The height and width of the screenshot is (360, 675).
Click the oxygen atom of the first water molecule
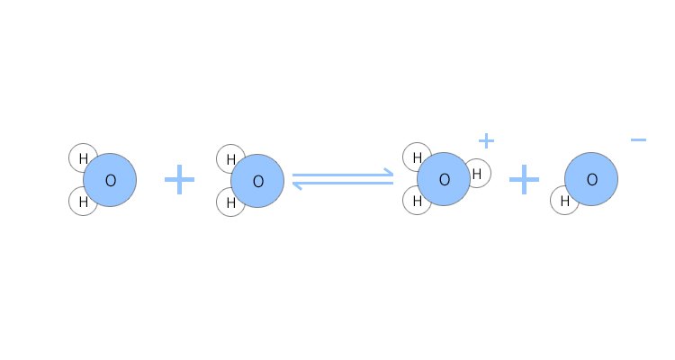pos(110,180)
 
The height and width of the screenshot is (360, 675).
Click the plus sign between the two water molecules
pos(179,180)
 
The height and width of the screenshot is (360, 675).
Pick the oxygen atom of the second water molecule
pos(257,181)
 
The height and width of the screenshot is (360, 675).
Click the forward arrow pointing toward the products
pos(343,175)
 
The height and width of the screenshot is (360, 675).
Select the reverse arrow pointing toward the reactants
pos(343,184)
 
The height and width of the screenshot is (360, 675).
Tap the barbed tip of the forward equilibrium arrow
pos(393,175)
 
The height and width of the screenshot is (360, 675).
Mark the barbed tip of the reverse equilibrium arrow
pos(293,184)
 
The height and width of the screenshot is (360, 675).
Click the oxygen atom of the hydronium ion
pos(444,179)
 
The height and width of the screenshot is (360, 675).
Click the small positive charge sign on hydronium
pos(486,140)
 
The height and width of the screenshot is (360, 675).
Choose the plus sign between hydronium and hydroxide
pos(524,180)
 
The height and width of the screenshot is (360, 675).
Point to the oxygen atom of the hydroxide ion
pos(591,179)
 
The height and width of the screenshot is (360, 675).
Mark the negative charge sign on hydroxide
pos(638,139)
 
